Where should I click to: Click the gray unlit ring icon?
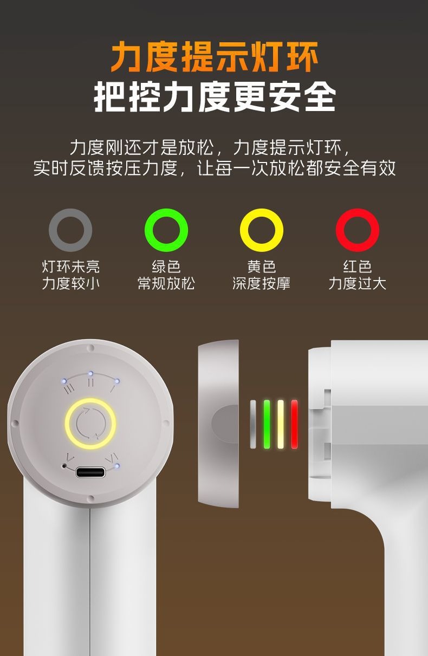[54, 230]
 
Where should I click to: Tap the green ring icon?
[150, 230]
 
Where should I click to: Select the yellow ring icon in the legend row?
[245, 230]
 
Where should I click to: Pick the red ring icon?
[341, 230]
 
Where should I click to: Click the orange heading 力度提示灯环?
[214, 56]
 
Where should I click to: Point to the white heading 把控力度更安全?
[215, 96]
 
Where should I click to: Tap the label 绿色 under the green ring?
[166, 266]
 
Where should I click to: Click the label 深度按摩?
[261, 283]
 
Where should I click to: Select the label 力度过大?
[358, 283]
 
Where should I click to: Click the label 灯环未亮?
[71, 266]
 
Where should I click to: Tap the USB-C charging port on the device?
[90, 472]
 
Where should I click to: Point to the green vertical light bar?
[267, 424]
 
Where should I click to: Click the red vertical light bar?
[294, 424]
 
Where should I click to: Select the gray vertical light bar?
[253, 424]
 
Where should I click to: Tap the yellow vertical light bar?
[280, 424]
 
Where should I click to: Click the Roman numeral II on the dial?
[91, 382]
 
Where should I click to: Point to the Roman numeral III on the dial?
[69, 389]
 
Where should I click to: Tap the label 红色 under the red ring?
[358, 266]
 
